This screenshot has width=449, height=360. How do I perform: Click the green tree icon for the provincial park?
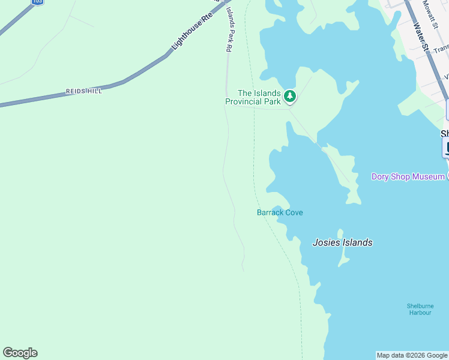coord(290,95)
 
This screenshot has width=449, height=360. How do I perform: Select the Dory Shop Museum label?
coord(408,176)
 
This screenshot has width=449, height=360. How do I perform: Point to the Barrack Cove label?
coord(280,212)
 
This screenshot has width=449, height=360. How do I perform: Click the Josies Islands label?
coord(342,242)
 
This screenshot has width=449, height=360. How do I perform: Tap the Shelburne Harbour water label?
coord(420,309)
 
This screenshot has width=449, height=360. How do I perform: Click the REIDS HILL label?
coord(83,91)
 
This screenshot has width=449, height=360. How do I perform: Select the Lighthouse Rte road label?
coord(192,32)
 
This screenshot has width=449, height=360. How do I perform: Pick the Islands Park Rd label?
coord(229,29)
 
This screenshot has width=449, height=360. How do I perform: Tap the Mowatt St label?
coord(430,14)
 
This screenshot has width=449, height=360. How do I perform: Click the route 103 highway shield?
coord(37,2)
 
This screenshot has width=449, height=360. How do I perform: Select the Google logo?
coord(20,353)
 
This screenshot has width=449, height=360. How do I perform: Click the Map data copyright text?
coord(412,355)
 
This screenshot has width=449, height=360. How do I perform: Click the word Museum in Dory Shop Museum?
coord(429,176)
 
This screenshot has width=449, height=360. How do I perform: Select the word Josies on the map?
coord(327,242)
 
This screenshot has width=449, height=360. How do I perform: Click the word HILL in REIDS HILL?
coord(94,91)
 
